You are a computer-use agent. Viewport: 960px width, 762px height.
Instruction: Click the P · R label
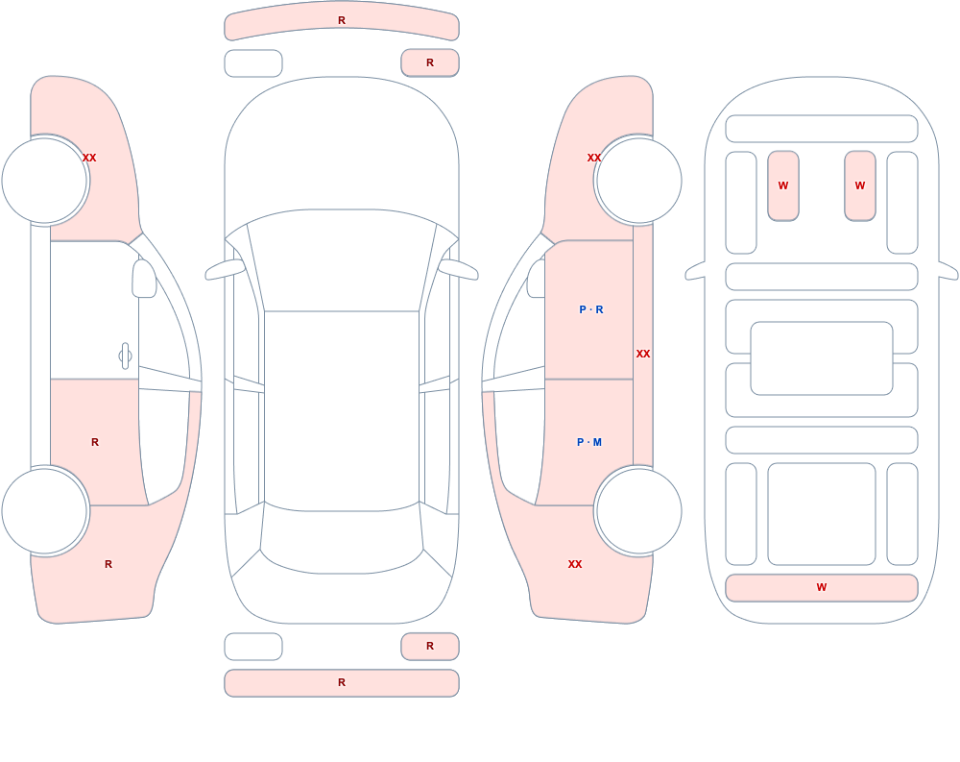coord(590,309)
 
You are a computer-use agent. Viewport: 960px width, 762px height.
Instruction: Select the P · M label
coord(589,442)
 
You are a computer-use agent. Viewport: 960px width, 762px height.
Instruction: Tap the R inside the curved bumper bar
coord(342,20)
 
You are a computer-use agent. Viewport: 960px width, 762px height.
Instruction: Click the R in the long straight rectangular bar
coord(342,682)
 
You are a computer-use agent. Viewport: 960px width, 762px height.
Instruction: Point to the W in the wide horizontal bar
coord(822,587)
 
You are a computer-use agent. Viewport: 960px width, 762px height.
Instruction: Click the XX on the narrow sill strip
coord(643,354)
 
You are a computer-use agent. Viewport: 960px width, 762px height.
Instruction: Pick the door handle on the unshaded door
coord(125,356)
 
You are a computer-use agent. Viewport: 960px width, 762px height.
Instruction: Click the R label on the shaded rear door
coord(95,442)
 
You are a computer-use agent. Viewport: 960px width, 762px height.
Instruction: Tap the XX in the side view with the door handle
coord(89,158)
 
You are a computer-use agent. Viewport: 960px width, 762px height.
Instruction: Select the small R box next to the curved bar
coord(430,62)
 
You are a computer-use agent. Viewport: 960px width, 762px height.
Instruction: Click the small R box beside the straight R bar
coord(430,646)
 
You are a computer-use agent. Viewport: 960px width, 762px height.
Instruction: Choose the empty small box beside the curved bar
coord(253,63)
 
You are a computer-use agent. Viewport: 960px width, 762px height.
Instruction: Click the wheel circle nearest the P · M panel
coord(638,510)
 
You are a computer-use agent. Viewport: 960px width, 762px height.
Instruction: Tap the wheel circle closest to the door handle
coord(45,510)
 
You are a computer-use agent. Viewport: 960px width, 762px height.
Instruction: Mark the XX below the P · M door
coord(575,564)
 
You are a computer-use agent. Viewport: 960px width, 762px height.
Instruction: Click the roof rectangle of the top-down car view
coord(342,410)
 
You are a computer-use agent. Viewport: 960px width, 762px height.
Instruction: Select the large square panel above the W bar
coord(822,514)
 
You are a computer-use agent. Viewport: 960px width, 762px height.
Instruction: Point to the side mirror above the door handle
coord(145,279)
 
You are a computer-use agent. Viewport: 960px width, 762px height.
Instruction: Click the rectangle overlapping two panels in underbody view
coord(822,358)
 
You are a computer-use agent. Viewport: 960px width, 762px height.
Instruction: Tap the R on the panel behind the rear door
coord(108,564)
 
